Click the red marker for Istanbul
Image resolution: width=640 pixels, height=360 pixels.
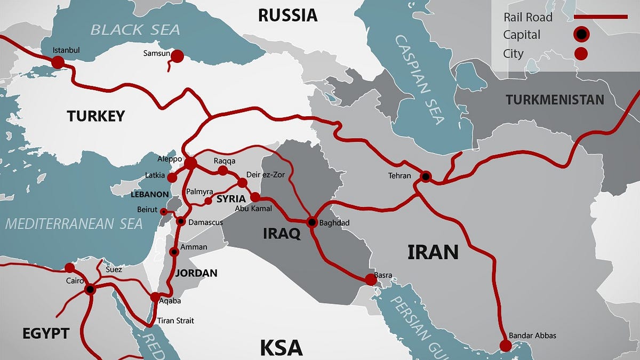(58, 62)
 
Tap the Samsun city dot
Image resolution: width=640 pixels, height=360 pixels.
(177, 56)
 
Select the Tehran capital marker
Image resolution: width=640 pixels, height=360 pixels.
(426, 176)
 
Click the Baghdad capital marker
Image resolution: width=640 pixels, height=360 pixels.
(312, 222)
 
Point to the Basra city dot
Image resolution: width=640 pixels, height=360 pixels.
(370, 279)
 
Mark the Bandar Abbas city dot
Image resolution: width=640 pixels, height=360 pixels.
(505, 345)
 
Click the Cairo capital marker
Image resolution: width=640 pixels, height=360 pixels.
(90, 290)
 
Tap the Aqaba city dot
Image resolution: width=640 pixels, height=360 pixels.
(154, 297)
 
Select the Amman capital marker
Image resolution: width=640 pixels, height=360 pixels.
(174, 252)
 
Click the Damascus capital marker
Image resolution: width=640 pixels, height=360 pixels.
(181, 221)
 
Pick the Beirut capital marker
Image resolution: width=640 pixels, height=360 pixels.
(164, 212)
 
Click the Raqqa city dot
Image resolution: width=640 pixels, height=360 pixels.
(223, 171)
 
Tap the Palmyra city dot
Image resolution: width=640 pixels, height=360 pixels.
(209, 201)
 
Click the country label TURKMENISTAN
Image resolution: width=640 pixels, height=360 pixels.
(555, 100)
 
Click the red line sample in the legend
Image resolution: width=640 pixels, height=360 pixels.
(600, 17)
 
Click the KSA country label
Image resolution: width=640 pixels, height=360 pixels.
(281, 348)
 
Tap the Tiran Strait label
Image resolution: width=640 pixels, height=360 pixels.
(175, 321)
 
